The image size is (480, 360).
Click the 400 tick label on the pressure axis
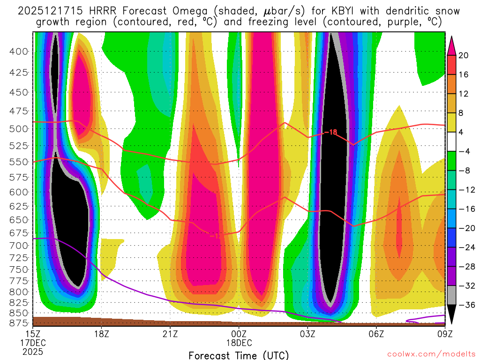(19, 51)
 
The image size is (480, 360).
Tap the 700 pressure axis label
(19, 245)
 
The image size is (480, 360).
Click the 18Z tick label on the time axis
(102, 334)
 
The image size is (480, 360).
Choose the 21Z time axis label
(170, 334)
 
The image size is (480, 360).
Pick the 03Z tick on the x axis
(308, 334)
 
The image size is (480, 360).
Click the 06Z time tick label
(376, 334)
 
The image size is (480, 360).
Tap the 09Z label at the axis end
(445, 334)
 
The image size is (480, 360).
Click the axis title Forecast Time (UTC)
(239, 355)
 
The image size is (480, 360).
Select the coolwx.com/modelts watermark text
(431, 353)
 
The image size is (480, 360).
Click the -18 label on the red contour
(330, 133)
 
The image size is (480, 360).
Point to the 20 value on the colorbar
(464, 55)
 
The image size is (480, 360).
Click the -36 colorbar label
(465, 305)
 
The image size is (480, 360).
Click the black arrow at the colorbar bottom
(452, 315)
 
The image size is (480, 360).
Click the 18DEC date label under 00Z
(240, 343)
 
